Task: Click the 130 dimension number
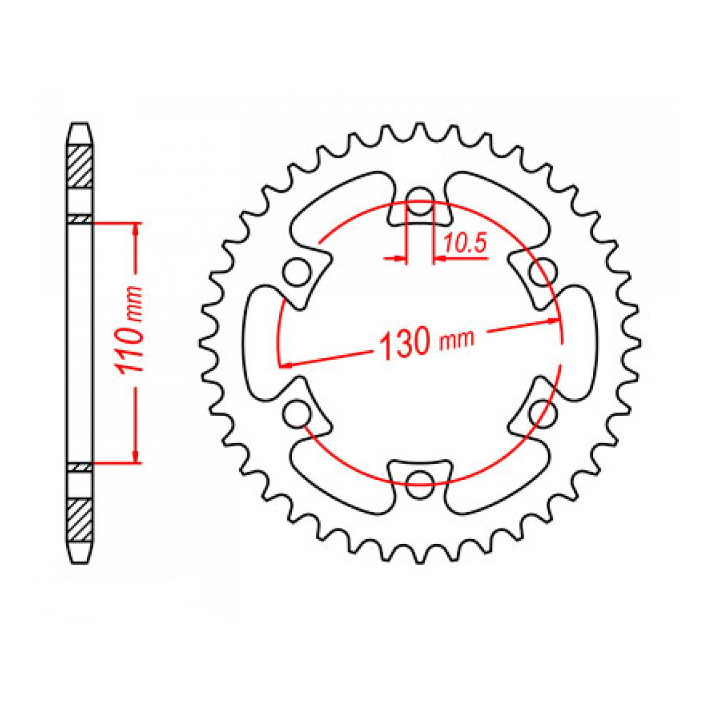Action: click(x=405, y=344)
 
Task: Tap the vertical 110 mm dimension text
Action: click(x=129, y=330)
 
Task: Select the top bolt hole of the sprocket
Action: click(x=420, y=201)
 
